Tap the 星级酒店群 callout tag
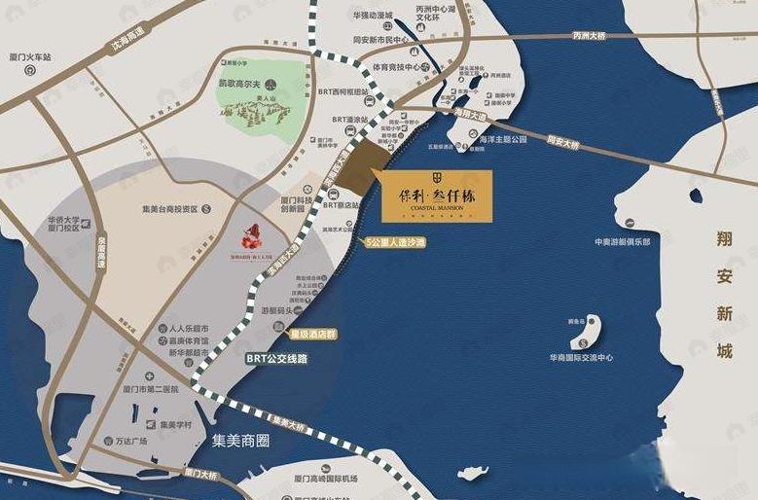pos(312,334)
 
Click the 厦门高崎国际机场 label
pos(324,480)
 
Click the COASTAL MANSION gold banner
pos(437,197)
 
